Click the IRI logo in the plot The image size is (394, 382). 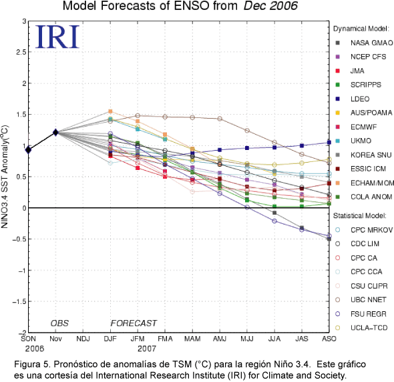tap(57, 37)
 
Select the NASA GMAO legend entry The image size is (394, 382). tap(364, 43)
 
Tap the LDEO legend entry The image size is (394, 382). tap(353, 99)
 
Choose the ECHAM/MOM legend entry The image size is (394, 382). tap(365, 183)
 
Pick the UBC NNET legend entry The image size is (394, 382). tap(361, 300)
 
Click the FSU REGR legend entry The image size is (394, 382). tap(361, 314)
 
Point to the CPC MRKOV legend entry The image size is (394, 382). tap(364, 230)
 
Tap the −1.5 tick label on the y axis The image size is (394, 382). tap(19, 301)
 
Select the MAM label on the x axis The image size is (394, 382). tap(192, 339)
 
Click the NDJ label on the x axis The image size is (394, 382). tap(83, 339)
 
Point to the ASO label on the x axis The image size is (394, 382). tap(329, 339)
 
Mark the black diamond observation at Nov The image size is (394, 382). tap(55, 132)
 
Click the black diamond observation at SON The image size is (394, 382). tap(29, 150)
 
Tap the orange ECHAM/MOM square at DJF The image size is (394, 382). tap(110, 111)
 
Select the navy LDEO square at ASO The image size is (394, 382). tap(329, 143)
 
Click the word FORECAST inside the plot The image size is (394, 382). tap(134, 323)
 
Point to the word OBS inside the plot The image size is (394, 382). tap(59, 323)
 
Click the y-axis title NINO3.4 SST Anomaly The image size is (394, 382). tap(5, 177)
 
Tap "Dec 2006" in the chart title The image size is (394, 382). tap(270, 6)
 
